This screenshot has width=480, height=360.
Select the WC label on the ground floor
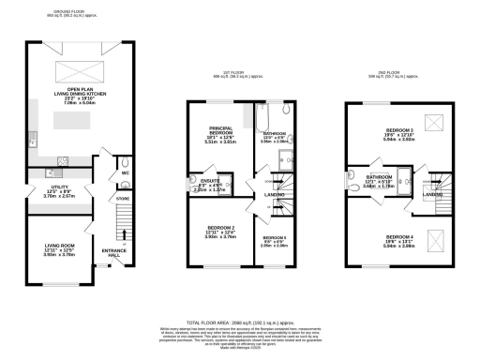click(x=124, y=172)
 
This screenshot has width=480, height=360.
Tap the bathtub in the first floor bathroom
click(x=261, y=118)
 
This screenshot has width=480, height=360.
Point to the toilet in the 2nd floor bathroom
click(x=348, y=186)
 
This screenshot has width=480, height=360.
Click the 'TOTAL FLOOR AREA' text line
click(x=240, y=321)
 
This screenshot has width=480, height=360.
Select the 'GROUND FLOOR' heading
click(x=70, y=13)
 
